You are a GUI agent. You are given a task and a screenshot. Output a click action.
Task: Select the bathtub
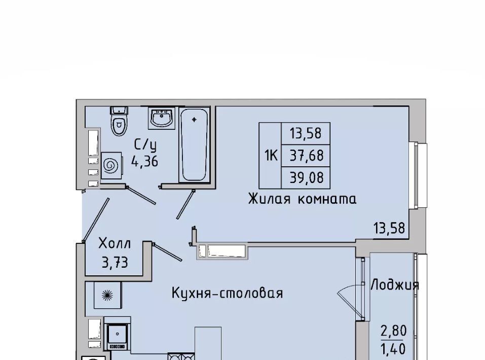coord(194,145)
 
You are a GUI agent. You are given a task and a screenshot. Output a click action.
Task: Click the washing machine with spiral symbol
coord(111,165)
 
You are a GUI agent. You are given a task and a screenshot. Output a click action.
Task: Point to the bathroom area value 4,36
coord(145,161)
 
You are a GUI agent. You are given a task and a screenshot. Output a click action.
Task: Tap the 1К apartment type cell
coord(270,155)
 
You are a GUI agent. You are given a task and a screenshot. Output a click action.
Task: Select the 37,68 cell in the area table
coord(306,155)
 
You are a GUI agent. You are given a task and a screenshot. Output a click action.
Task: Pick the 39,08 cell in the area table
coord(306,177)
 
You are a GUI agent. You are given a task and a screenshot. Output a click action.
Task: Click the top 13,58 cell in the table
coord(306,133)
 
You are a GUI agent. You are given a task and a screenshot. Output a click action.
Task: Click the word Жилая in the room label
coord(270,199)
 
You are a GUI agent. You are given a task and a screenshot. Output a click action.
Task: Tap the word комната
coord(327,199)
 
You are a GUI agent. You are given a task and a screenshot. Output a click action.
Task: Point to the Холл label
coord(115,243)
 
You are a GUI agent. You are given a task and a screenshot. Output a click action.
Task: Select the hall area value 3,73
coord(115,263)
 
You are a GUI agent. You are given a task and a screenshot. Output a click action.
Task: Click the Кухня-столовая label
coord(228,293)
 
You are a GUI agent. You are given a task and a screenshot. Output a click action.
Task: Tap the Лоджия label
coord(395,285)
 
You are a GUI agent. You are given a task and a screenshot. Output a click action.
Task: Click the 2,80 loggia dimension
coord(393,332)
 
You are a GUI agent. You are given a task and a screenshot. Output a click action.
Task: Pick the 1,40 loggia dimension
coord(393,349)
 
